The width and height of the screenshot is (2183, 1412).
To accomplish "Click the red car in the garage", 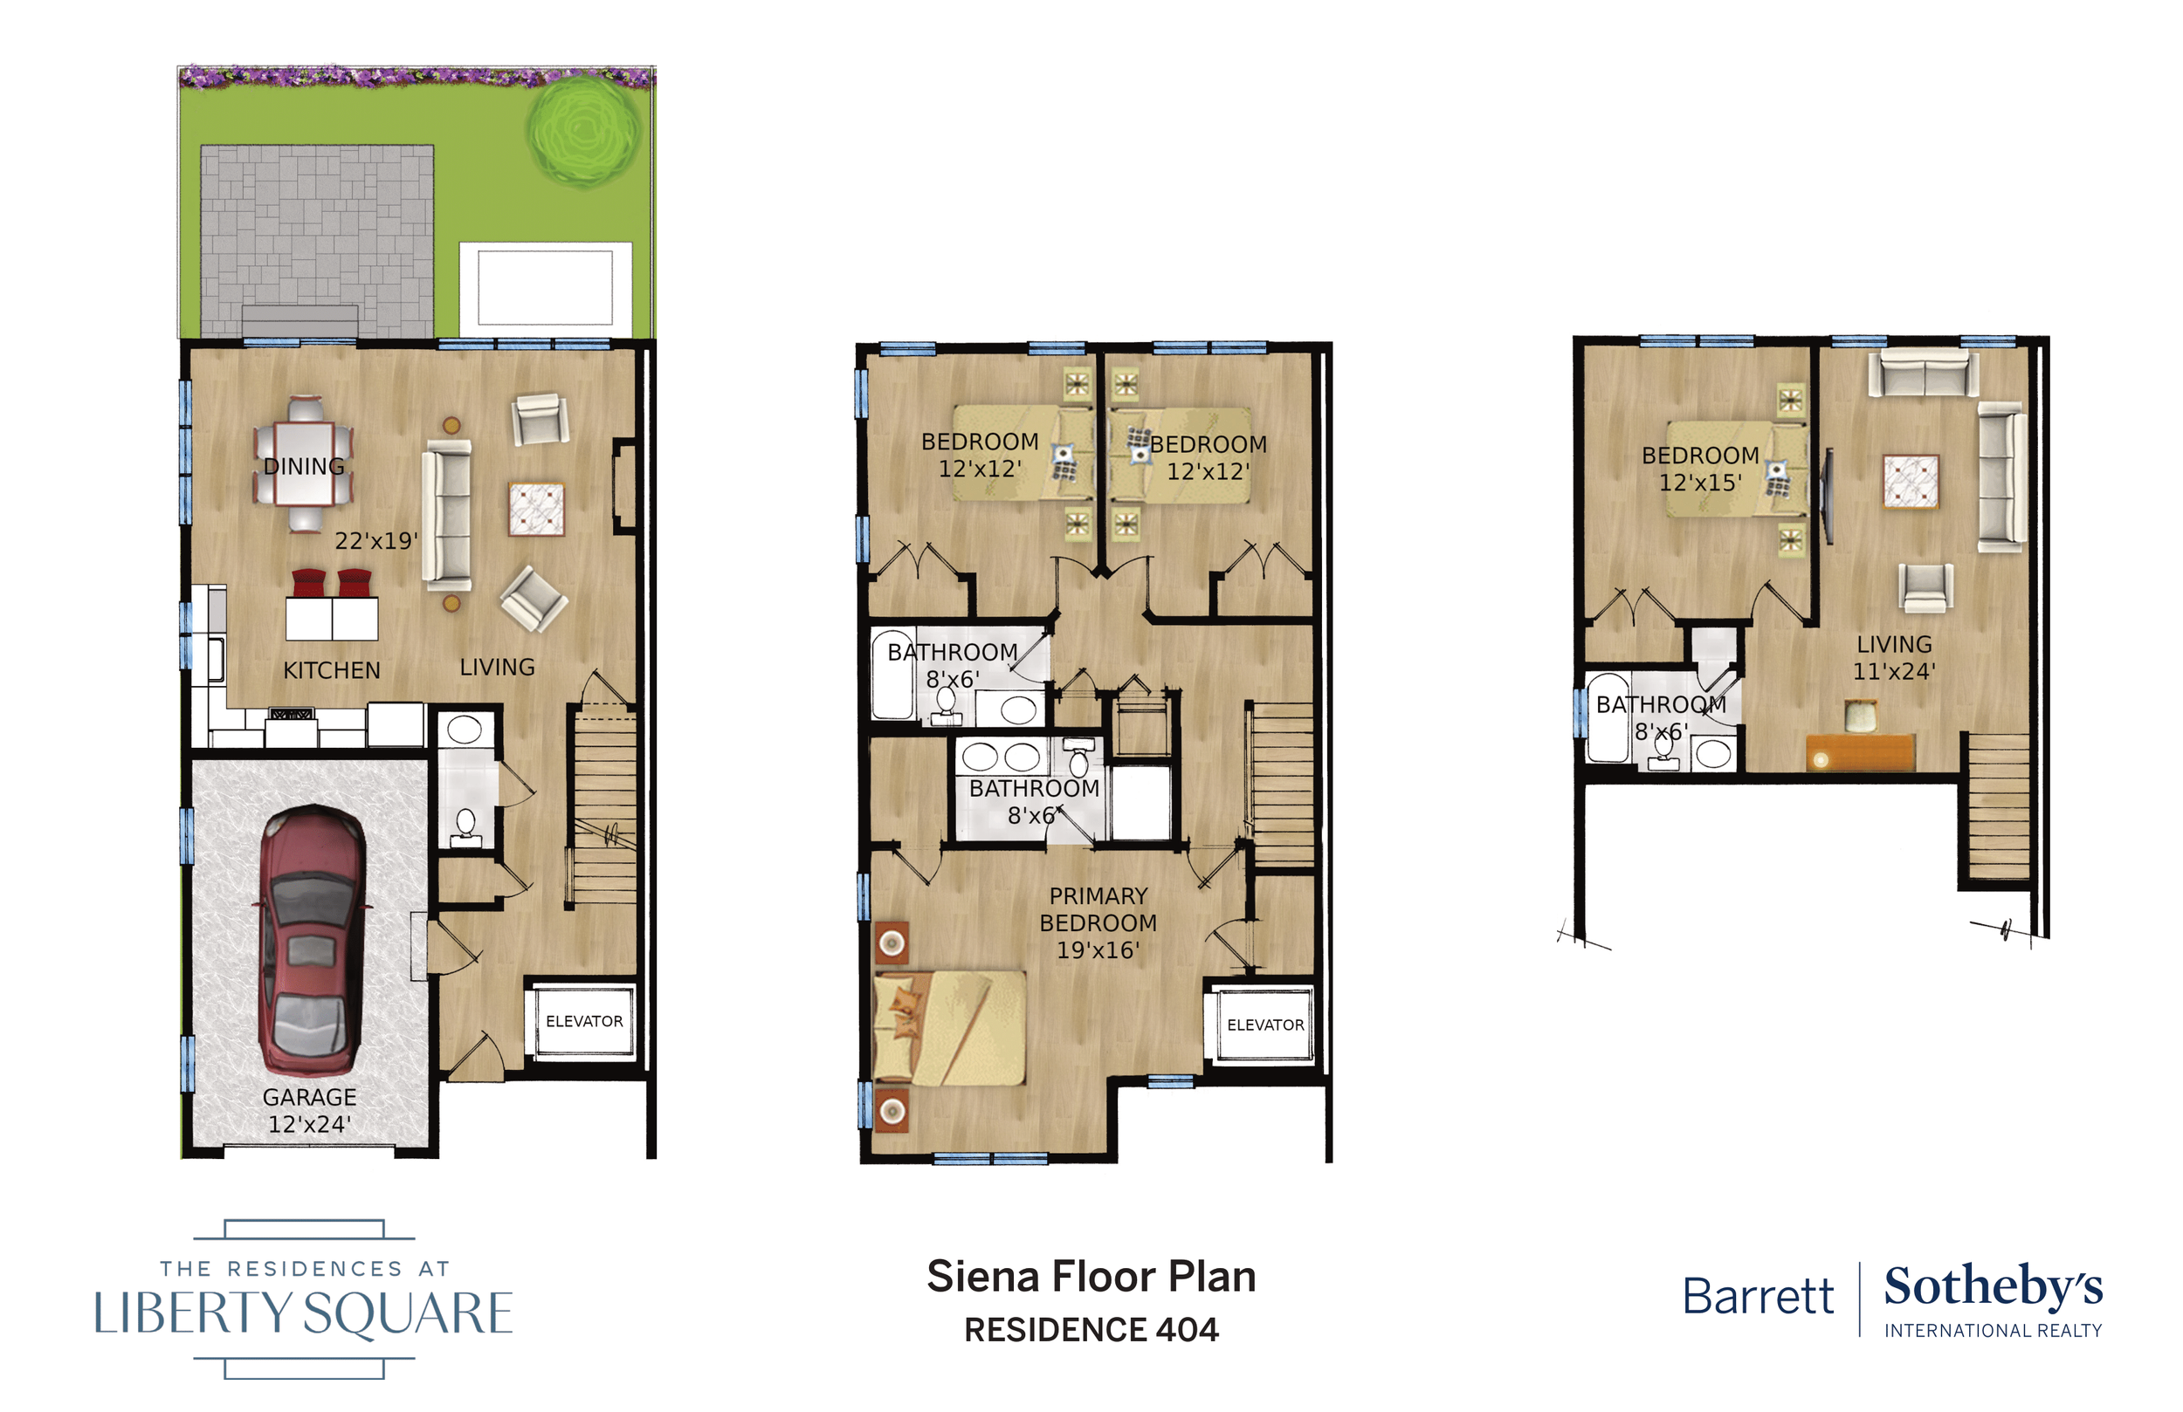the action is tap(313, 940).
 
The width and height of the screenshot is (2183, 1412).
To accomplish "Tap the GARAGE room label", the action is tap(309, 1097).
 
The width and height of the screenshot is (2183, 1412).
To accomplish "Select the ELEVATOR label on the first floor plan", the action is tap(584, 1021).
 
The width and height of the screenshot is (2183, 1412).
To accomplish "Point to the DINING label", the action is tap(304, 466).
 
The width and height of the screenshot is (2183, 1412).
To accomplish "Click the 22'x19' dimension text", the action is tap(376, 541).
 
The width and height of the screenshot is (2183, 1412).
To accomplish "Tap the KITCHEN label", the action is tap(331, 670).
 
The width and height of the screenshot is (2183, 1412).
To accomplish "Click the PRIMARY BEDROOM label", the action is tap(1098, 908).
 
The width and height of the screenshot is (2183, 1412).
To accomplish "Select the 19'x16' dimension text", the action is tap(1098, 949).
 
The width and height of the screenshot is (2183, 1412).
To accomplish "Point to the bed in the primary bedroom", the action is tap(950, 1028).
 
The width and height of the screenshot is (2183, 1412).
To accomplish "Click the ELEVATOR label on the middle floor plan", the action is tap(1266, 1025).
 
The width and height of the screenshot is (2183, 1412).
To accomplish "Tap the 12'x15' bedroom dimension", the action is tap(1699, 483).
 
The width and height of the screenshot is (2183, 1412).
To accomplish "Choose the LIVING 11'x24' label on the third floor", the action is tap(1894, 657).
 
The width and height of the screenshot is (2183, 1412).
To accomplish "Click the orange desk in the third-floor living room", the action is tap(1860, 752).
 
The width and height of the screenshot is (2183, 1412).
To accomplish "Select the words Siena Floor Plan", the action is tap(1091, 1277).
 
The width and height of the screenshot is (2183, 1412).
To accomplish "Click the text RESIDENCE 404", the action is tap(1091, 1329).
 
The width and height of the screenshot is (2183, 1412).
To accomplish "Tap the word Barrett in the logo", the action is tap(1759, 1297).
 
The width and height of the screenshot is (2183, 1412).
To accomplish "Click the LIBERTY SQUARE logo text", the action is tap(304, 1313).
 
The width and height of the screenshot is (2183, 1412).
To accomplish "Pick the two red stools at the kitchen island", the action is tap(332, 583).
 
